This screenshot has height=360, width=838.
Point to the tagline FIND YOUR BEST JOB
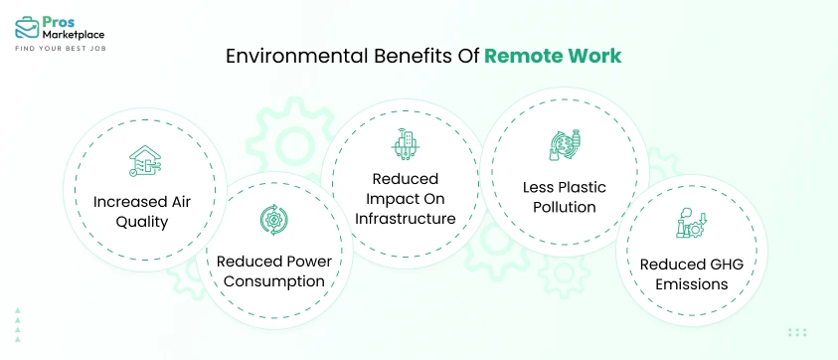(x=61, y=48)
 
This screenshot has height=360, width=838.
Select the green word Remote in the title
(x=523, y=56)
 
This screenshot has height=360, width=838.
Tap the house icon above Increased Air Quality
(x=145, y=161)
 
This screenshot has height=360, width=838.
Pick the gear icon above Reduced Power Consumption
(x=270, y=219)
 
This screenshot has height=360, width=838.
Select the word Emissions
(x=684, y=284)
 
